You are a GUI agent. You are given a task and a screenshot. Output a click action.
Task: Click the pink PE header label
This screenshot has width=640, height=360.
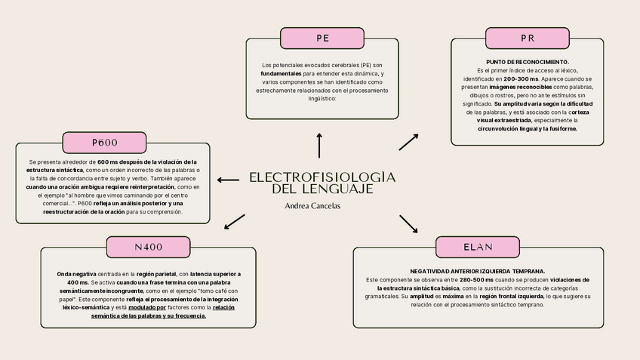(x=322, y=38)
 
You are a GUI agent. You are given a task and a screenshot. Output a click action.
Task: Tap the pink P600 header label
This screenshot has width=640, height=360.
(x=105, y=142)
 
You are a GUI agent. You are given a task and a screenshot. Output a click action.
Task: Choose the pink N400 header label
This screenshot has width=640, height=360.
(x=148, y=247)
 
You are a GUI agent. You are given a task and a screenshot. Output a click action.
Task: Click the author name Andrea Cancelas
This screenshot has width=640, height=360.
(x=312, y=205)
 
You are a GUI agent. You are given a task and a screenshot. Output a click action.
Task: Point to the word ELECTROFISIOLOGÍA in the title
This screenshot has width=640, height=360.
(x=322, y=177)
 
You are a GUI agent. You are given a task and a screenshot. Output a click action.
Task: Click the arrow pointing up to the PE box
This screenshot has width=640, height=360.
(x=319, y=145)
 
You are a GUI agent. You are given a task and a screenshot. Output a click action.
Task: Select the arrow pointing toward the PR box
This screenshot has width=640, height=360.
(x=408, y=141)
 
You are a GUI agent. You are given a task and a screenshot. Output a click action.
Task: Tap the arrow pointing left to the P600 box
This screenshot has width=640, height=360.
(x=228, y=180)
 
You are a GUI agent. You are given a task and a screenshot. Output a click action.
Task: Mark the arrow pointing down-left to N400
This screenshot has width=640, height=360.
(x=235, y=221)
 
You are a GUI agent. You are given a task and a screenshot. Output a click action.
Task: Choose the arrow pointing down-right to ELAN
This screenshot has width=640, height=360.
(x=408, y=223)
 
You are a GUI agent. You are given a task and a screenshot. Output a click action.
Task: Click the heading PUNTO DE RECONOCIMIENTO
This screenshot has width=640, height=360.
(x=528, y=61)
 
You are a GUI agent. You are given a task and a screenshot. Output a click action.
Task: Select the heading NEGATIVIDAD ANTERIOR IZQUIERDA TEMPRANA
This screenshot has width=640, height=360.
(x=477, y=270)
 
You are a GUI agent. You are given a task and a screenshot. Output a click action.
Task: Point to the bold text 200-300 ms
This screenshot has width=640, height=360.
(x=522, y=78)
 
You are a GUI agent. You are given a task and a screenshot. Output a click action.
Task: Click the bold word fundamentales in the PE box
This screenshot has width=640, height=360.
(x=281, y=74)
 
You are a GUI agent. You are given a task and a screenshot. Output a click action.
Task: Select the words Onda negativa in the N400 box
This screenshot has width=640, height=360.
(x=77, y=273)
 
